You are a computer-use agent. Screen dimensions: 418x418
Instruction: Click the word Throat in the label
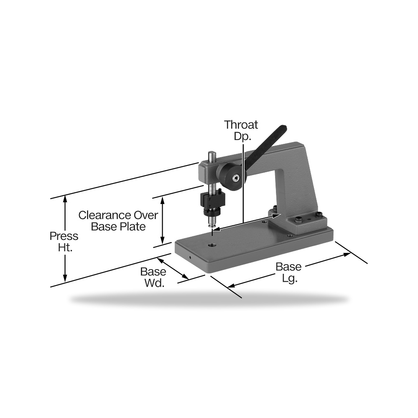tap(241, 125)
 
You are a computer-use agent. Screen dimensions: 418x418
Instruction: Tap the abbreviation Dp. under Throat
tap(242, 136)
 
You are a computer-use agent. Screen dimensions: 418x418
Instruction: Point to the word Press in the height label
tap(64, 236)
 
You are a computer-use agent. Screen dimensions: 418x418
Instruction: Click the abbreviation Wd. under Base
tap(154, 283)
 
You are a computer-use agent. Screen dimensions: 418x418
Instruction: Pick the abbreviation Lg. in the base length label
tap(290, 278)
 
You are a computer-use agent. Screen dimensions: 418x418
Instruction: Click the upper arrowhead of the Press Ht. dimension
tap(65, 199)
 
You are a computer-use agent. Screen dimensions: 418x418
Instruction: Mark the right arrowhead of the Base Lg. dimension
tap(347, 254)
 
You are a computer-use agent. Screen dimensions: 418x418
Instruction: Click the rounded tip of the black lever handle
tap(283, 127)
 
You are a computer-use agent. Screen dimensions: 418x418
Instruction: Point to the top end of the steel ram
tap(212, 153)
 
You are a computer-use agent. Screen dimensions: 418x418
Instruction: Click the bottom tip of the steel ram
tap(212, 226)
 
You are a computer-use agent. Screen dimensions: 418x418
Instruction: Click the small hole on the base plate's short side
tap(190, 257)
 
